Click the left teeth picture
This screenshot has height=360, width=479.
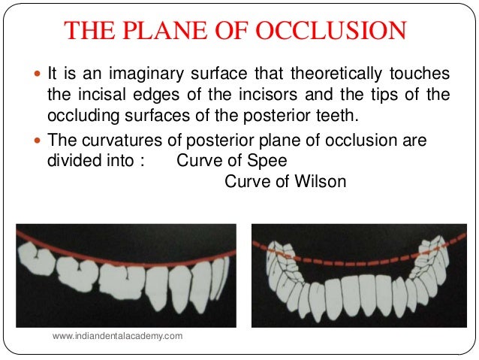coord(127,275)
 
